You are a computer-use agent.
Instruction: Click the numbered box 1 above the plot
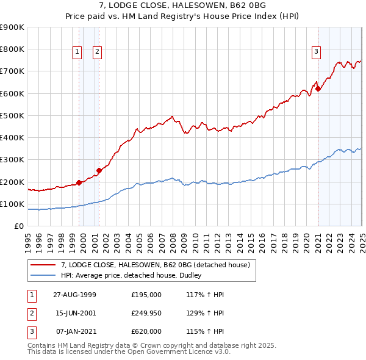77,52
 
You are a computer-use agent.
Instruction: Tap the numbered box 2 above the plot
98,52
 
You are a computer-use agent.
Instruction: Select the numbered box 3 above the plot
317,52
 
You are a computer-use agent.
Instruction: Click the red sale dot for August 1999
79,182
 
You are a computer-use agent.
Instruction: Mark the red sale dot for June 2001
99,170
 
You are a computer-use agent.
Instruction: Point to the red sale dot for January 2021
318,89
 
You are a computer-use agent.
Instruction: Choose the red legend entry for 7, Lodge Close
156,265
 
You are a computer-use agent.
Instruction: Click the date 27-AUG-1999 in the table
74,294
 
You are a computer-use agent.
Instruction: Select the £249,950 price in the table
146,312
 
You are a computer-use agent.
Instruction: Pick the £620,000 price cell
146,331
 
